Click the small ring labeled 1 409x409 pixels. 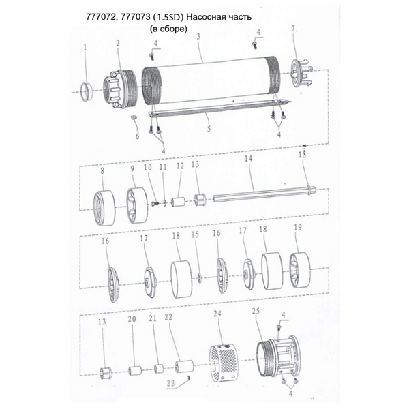[x=87, y=91]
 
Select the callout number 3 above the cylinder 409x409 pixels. [x=198, y=37]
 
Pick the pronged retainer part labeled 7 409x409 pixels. [x=301, y=74]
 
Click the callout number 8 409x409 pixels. [x=102, y=170]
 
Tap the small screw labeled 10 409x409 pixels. [x=155, y=202]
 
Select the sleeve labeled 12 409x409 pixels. [x=178, y=202]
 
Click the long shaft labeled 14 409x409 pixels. [x=264, y=194]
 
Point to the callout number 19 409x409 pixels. [x=298, y=227]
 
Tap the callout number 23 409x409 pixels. [x=170, y=383]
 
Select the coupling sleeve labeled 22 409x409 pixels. [x=184, y=367]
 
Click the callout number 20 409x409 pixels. [x=132, y=319]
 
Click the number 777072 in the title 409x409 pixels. [x=101, y=17]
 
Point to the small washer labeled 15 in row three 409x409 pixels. [x=200, y=277]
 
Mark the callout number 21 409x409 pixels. [x=153, y=318]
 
